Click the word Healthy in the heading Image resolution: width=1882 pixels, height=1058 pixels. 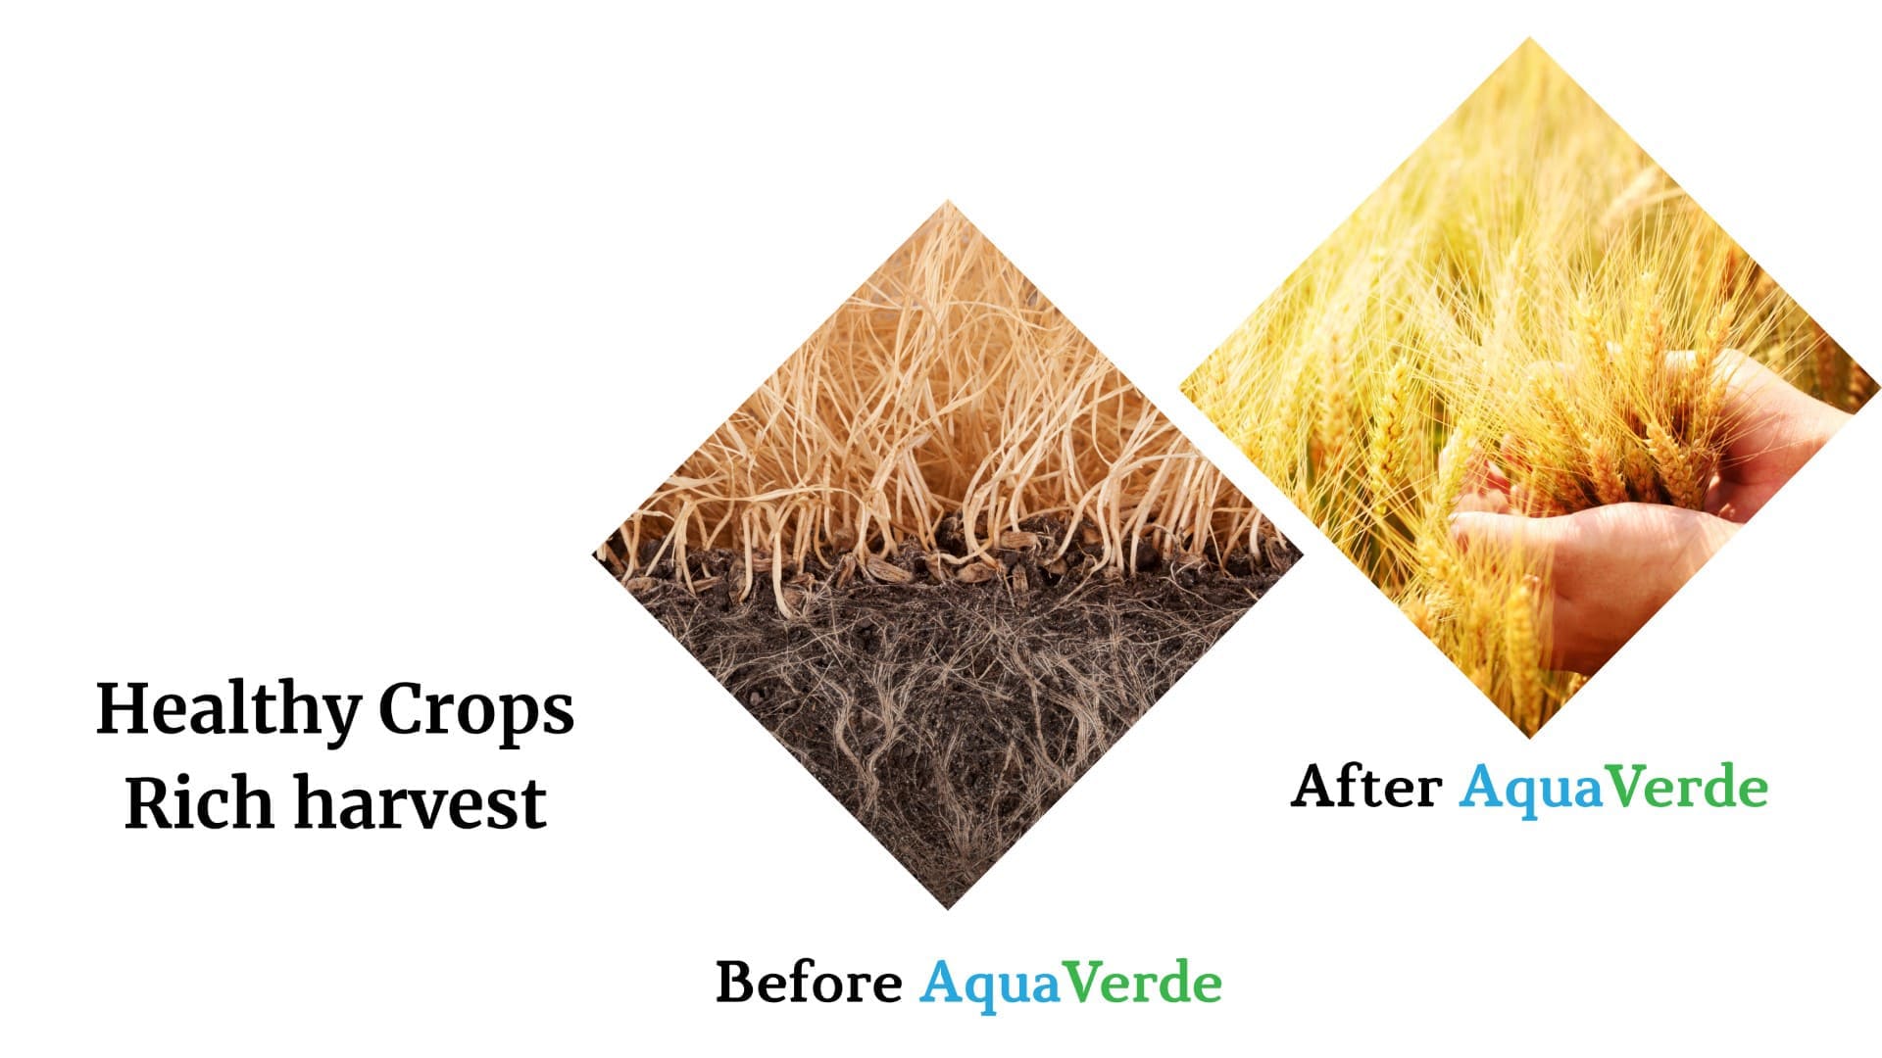228,712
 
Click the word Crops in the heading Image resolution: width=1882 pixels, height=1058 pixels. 476,712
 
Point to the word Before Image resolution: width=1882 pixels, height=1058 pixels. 809,982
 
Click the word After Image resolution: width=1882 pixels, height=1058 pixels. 1365,787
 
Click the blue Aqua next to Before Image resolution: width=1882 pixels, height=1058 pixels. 991,985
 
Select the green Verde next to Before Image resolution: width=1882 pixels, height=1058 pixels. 1143,982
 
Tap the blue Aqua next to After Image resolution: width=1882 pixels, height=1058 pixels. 1531,790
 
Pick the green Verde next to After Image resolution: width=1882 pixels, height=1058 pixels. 1686,787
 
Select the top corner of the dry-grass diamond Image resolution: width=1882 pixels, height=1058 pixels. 948,201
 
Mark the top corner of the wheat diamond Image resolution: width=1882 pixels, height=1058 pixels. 1529,38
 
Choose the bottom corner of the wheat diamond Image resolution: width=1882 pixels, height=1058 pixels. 1529,737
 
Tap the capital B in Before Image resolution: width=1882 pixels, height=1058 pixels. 736,982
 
